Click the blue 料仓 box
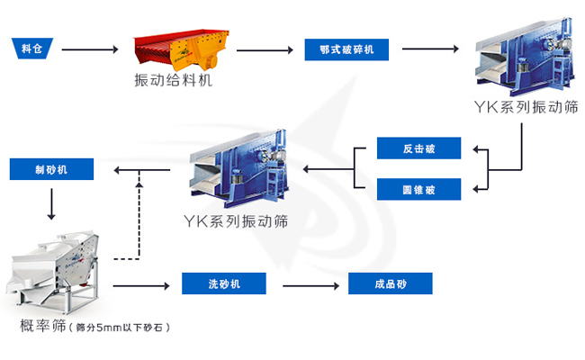click(31, 49)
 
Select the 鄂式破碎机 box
click(346, 49)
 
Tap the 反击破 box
click(418, 148)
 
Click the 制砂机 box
click(50, 168)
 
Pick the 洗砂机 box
click(223, 284)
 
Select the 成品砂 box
click(390, 284)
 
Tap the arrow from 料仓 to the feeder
click(90, 49)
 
